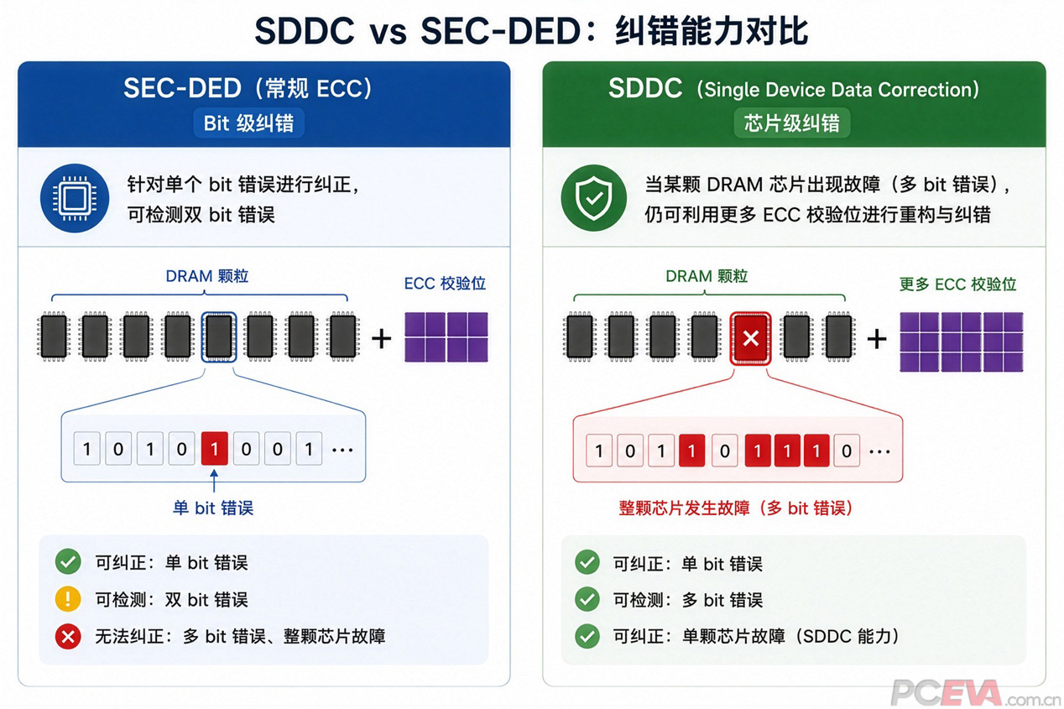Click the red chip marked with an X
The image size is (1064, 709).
click(750, 338)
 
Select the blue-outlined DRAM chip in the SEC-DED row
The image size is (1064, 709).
click(218, 336)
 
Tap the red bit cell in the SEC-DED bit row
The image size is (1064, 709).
click(214, 448)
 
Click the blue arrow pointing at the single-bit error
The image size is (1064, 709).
click(214, 481)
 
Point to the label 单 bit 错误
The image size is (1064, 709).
click(213, 508)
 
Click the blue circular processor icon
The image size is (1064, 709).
click(75, 198)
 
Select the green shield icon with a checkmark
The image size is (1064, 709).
click(594, 198)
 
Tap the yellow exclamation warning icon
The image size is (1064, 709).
click(68, 599)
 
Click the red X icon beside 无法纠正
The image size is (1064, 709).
click(68, 636)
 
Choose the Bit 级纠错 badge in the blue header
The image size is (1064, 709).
click(249, 123)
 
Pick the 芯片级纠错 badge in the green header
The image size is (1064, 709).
click(792, 123)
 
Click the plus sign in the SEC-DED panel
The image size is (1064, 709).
click(381, 339)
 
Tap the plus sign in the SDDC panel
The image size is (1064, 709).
click(877, 339)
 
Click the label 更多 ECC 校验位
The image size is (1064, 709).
click(957, 284)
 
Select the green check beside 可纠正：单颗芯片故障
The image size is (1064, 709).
click(587, 636)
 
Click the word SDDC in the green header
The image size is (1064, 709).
click(645, 88)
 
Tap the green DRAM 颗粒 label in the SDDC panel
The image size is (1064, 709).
click(707, 276)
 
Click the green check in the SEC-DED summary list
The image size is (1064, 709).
click(68, 562)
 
